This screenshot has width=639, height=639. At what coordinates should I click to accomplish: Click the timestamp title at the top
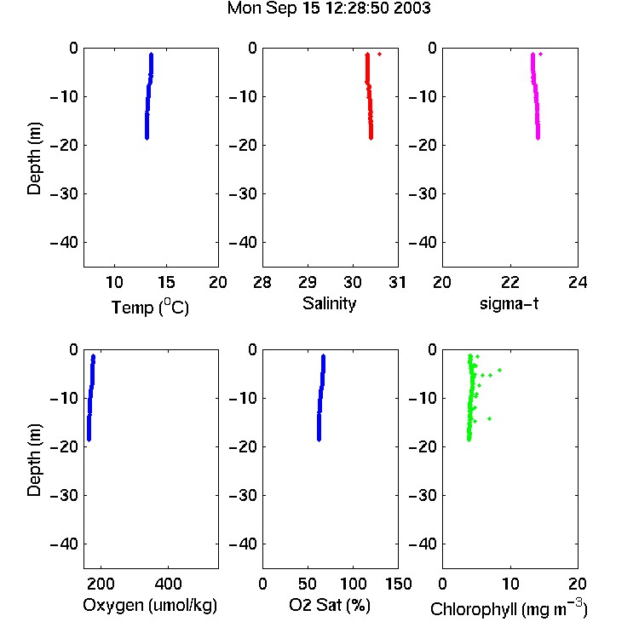pos(329,9)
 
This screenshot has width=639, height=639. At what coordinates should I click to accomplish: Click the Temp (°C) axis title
pos(150,307)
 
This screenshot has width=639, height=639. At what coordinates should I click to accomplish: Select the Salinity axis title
pos(329,303)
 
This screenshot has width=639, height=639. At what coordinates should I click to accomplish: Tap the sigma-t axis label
pos(509,303)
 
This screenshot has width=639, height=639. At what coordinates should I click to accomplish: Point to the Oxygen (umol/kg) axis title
pos(150,605)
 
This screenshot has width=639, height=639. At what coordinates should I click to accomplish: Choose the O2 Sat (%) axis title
pos(329,605)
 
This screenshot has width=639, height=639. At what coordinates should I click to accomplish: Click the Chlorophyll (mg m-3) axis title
pos(509,608)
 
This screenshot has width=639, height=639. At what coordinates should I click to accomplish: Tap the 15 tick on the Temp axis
pos(166,282)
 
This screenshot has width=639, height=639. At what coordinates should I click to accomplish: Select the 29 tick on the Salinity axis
pos(308,282)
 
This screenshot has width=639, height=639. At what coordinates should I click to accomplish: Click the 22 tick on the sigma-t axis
pos(510,282)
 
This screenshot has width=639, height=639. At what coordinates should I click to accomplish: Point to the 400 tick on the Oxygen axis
pos(169,584)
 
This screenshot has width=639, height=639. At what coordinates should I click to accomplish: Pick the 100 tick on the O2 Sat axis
pos(353,584)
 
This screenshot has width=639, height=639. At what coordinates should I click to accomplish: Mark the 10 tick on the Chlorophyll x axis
pos(510,584)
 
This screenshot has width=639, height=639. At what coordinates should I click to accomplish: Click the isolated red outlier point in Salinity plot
pos(379,54)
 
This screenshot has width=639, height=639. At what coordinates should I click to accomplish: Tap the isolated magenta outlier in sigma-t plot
pos(540,54)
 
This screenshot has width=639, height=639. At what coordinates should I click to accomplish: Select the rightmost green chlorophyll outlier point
pos(499,370)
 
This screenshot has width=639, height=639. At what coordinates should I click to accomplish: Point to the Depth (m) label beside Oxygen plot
pos(34,460)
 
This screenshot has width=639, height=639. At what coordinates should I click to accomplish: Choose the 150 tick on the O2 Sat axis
pos(398,584)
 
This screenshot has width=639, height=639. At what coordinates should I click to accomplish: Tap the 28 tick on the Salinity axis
pos(262,282)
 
